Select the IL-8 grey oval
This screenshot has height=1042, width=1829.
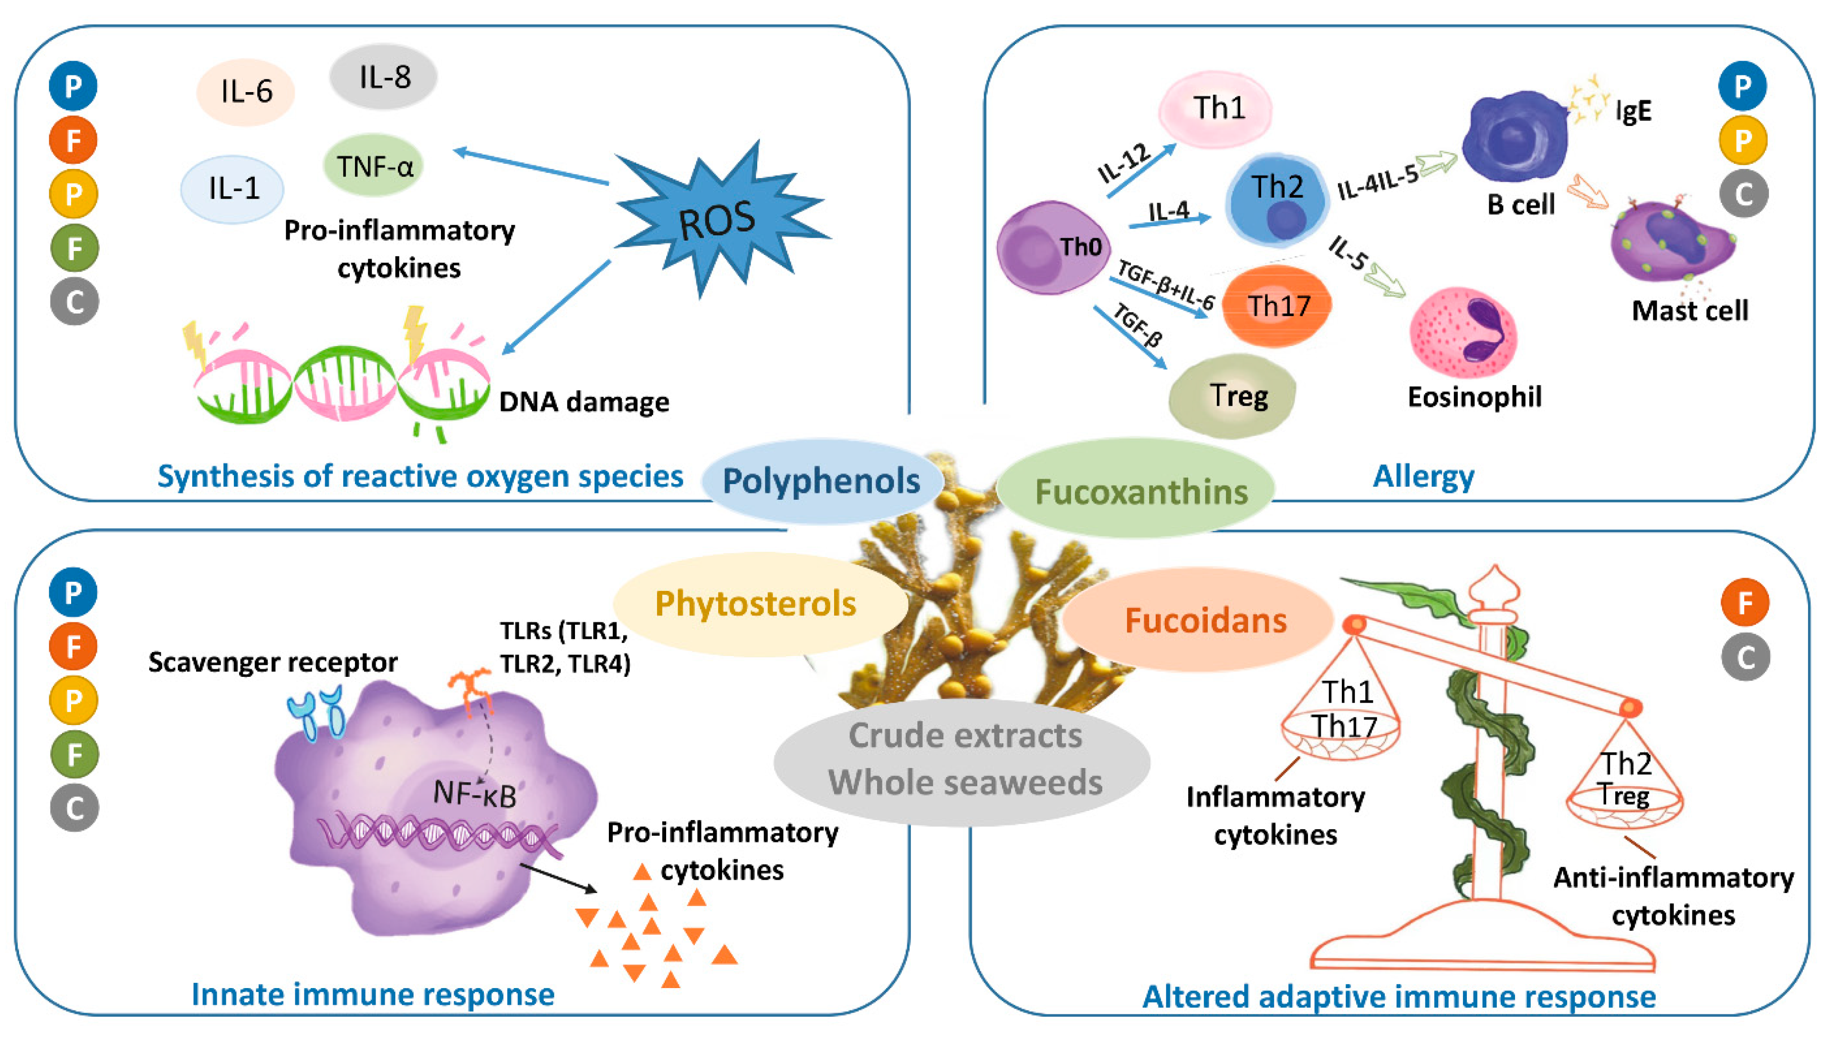(x=383, y=76)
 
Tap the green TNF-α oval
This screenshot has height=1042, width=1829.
(x=373, y=166)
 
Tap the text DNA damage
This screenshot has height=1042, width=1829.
(x=584, y=401)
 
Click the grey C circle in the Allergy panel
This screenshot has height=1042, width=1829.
(x=1743, y=194)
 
